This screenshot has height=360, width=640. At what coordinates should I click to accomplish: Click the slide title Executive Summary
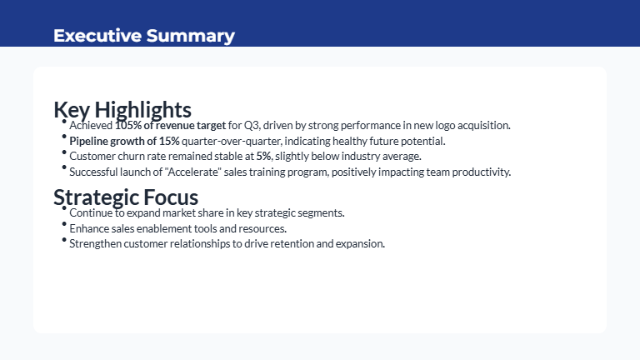143,35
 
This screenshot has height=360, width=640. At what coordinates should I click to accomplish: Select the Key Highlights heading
122,109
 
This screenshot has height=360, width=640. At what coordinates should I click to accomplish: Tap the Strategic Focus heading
126,197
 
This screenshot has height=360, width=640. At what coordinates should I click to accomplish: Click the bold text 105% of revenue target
170,125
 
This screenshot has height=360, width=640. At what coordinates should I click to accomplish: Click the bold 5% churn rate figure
263,156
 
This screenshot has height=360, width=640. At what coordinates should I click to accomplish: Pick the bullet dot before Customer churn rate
64,152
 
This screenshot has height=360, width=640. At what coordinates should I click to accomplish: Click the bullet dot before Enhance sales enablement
64,225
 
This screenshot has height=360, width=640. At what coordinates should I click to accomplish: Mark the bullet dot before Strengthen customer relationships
64,241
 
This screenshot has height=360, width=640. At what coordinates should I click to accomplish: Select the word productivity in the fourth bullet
482,172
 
